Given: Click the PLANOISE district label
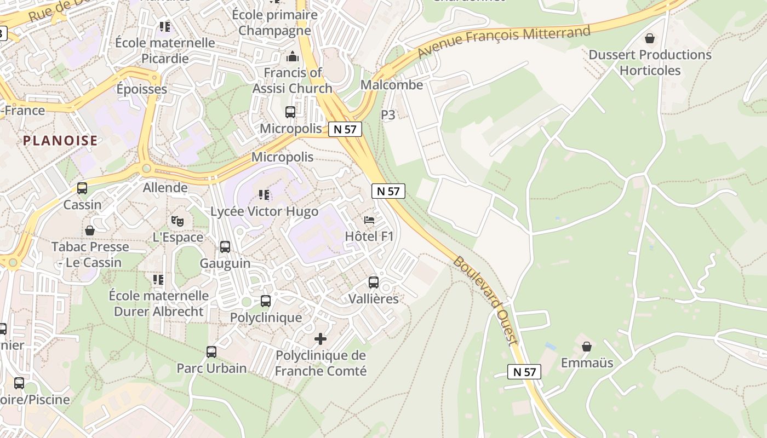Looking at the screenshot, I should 60,141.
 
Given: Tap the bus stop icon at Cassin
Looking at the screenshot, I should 82,188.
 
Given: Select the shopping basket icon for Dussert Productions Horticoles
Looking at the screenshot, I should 650,38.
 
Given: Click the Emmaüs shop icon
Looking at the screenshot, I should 587,347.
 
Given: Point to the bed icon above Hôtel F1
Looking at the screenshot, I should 369,220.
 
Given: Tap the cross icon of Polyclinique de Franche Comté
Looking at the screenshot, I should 320,339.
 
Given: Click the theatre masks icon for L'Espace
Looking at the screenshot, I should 177,221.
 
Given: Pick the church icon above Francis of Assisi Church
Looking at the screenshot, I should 292,56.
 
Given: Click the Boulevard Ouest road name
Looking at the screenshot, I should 485,301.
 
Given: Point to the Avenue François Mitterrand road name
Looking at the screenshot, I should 503,42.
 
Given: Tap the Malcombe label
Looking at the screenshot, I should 392,85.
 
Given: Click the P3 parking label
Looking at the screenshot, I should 388,115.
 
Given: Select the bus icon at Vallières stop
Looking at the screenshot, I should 374,283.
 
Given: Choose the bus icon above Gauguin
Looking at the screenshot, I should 225,247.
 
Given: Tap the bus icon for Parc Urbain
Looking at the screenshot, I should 211,352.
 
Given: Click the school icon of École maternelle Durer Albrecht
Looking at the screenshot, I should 158,280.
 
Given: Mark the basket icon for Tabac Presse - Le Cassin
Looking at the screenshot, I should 90,230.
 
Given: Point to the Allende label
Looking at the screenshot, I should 165,188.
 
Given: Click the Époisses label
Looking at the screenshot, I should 142,89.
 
